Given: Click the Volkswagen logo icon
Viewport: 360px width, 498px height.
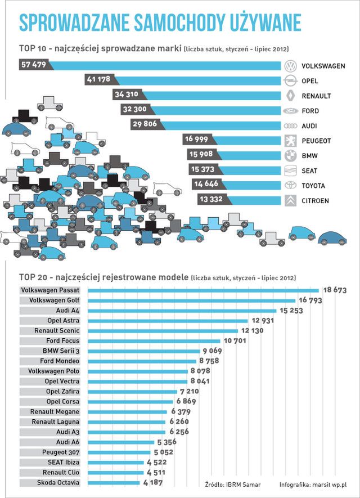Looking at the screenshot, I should point(290,66).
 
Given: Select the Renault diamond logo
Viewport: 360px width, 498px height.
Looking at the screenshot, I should point(290,96).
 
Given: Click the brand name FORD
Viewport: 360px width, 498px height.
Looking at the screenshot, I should point(310,111).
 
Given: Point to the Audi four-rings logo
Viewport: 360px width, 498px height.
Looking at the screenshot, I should point(290,126).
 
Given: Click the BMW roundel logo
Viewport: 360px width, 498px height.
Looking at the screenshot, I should point(290,156).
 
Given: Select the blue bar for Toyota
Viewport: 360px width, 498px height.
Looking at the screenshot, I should point(251,185).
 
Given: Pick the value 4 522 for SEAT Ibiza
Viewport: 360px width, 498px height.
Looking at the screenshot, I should point(161,463).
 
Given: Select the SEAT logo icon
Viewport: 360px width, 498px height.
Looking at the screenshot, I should point(290,171).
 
